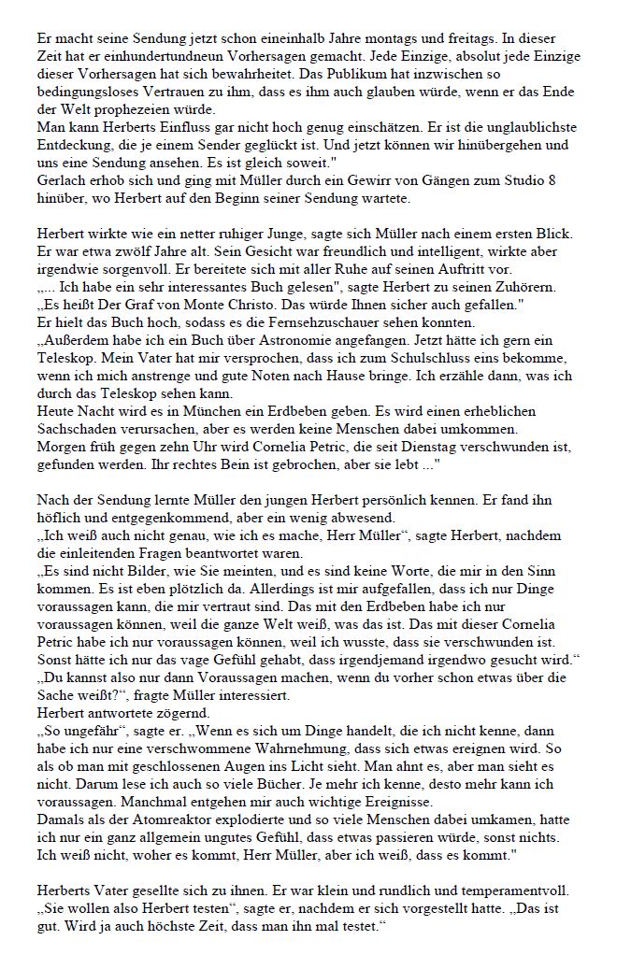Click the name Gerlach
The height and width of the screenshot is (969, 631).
click(x=61, y=181)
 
